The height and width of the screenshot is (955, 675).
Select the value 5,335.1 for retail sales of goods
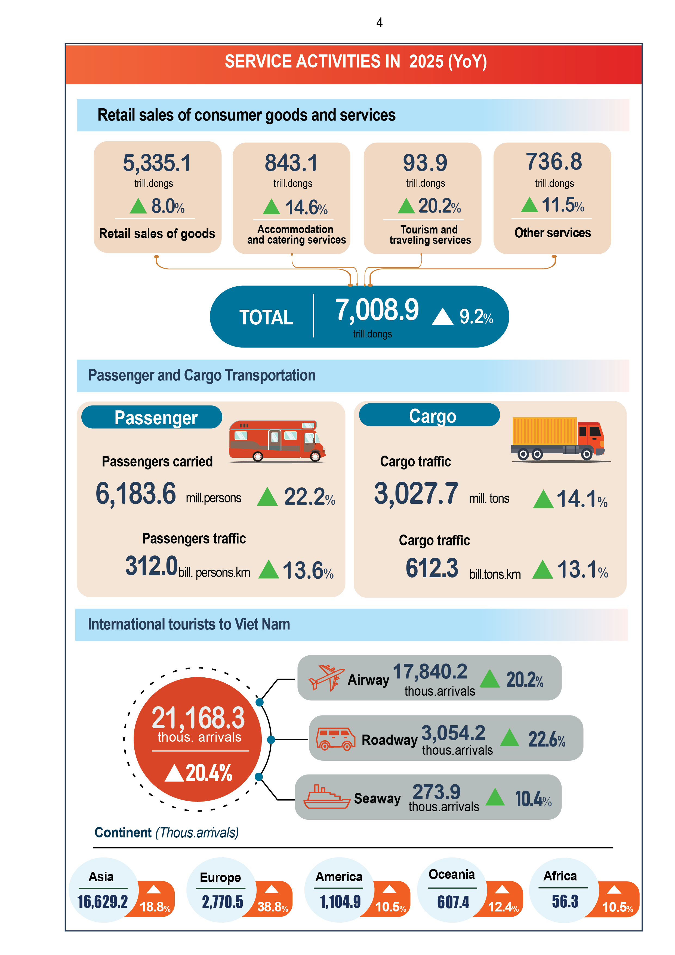pyautogui.click(x=157, y=163)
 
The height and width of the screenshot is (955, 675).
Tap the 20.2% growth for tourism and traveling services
pyautogui.click(x=439, y=206)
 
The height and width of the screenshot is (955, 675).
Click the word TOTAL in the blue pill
pyautogui.click(x=266, y=317)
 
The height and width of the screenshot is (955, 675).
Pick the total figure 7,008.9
pyautogui.click(x=377, y=310)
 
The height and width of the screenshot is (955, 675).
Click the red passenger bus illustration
pyautogui.click(x=277, y=441)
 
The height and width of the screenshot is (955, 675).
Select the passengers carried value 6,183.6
pyautogui.click(x=135, y=494)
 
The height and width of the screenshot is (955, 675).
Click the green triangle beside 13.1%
pyautogui.click(x=542, y=569)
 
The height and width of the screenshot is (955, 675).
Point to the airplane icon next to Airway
pyautogui.click(x=326, y=678)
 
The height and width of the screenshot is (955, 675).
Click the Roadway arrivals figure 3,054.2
pyautogui.click(x=453, y=733)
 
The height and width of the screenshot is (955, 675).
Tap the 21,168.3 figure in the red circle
pyautogui.click(x=198, y=718)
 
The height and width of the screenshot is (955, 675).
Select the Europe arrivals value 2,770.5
pyautogui.click(x=223, y=902)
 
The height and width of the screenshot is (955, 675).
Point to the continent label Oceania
pyautogui.click(x=452, y=874)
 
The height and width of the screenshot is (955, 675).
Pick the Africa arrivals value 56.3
pyautogui.click(x=565, y=901)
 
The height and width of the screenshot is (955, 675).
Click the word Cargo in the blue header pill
pyautogui.click(x=433, y=416)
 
